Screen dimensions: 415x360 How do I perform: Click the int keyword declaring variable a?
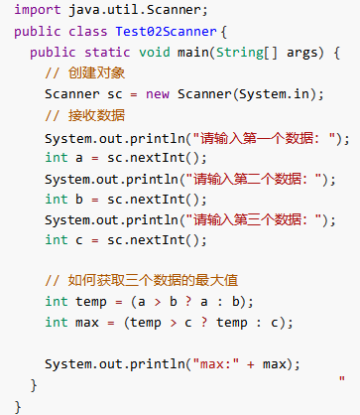[57, 158]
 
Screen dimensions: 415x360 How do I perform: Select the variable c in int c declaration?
[77, 240]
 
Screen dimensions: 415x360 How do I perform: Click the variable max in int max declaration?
[85, 322]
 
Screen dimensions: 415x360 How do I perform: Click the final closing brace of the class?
[19, 405]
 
